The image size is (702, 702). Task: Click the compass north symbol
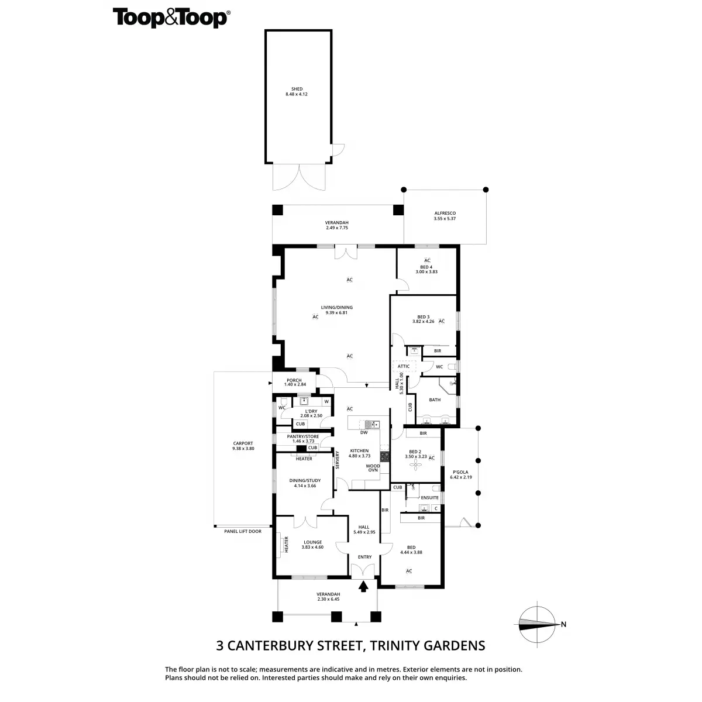539,624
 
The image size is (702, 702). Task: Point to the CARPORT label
243,446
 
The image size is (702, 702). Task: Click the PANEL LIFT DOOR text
243,531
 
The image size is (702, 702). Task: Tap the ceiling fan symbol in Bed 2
416,465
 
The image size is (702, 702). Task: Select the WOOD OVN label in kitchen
373,468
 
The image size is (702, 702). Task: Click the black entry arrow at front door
364,586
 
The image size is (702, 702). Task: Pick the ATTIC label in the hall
404,366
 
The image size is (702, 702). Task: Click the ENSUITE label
429,498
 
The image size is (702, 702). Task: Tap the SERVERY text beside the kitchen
338,459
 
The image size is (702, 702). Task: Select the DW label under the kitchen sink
364,432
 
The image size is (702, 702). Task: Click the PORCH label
294,380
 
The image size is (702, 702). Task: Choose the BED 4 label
426,267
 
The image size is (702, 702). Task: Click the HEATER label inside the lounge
287,545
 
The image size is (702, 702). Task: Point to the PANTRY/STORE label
303,436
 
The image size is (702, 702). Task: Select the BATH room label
435,400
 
